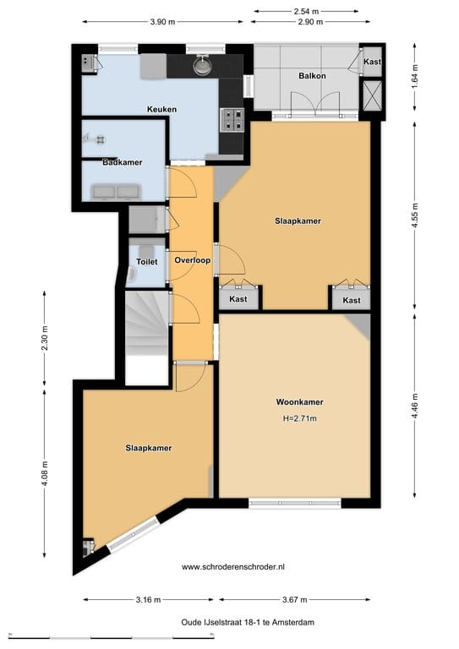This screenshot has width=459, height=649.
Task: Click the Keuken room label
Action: click(x=161, y=110)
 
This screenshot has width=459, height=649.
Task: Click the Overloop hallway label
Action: click(x=192, y=260)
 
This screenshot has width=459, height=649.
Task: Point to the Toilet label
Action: click(x=147, y=262)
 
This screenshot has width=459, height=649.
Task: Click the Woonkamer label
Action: click(x=300, y=401)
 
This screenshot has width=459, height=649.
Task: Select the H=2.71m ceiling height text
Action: click(x=300, y=418)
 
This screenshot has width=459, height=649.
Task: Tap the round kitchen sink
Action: click(x=201, y=65)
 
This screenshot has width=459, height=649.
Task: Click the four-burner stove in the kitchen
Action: click(x=232, y=120)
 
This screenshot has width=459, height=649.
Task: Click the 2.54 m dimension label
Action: click(x=305, y=11)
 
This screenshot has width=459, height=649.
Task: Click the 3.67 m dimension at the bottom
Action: click(x=293, y=600)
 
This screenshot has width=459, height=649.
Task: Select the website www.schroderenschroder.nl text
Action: click(x=245, y=567)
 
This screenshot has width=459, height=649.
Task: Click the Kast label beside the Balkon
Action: click(x=372, y=62)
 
